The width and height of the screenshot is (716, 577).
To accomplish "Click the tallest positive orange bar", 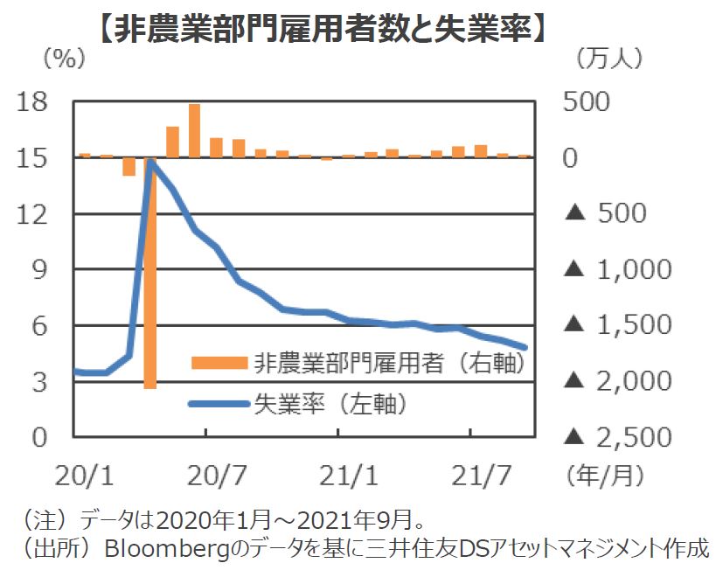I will (194, 131).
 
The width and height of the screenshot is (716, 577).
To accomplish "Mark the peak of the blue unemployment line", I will (151, 163).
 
